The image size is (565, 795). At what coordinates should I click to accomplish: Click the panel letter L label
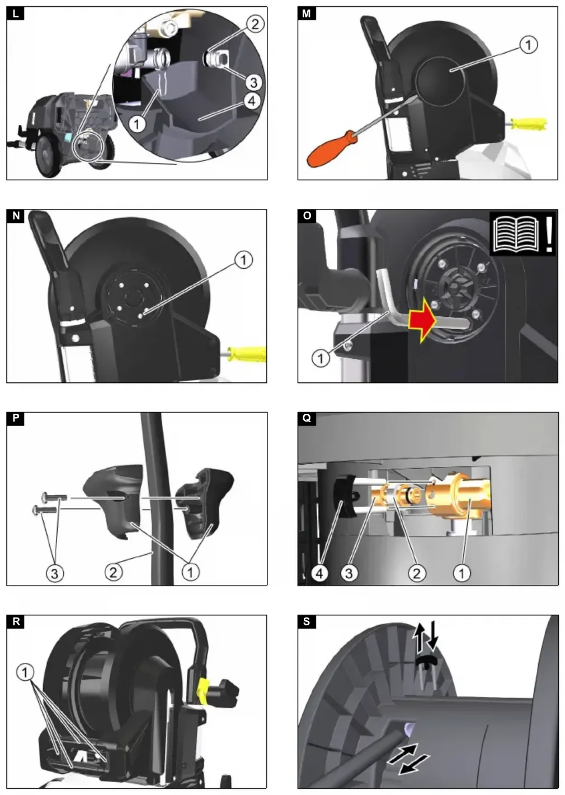point(15,13)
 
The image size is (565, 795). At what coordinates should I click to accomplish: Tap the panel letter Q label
point(307,419)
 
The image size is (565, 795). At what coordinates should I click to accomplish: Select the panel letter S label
point(307,621)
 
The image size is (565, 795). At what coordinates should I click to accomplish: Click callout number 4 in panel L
point(251,101)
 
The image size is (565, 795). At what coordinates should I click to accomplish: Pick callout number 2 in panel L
point(255,24)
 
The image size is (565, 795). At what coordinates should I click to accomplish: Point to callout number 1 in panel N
point(243,260)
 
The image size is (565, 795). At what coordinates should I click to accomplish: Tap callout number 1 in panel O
point(321,358)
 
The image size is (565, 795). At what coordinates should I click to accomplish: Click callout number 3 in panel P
point(55,573)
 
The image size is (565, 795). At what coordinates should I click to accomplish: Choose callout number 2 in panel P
point(114,572)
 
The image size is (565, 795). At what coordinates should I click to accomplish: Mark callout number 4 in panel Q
point(319,573)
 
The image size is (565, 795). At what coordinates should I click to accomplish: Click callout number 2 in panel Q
point(416,573)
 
